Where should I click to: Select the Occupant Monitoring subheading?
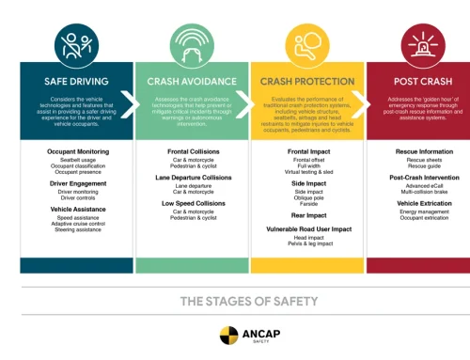click(x=76, y=150)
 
